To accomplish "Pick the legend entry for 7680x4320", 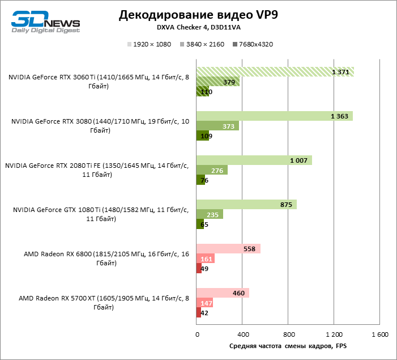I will [x=253, y=44].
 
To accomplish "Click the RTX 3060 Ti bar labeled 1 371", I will [x=275, y=71].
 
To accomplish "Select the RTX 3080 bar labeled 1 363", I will [x=274, y=116].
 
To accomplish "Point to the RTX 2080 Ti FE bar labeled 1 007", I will [x=254, y=160].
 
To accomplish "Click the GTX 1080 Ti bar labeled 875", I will [x=246, y=205].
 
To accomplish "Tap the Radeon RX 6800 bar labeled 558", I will [x=228, y=249].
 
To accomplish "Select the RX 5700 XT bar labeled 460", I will [x=223, y=293].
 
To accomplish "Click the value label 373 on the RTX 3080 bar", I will [x=228, y=126].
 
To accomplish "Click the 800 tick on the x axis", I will [x=288, y=334].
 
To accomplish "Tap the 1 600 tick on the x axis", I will [x=380, y=334].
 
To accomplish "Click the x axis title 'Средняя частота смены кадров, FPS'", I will [x=288, y=345].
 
